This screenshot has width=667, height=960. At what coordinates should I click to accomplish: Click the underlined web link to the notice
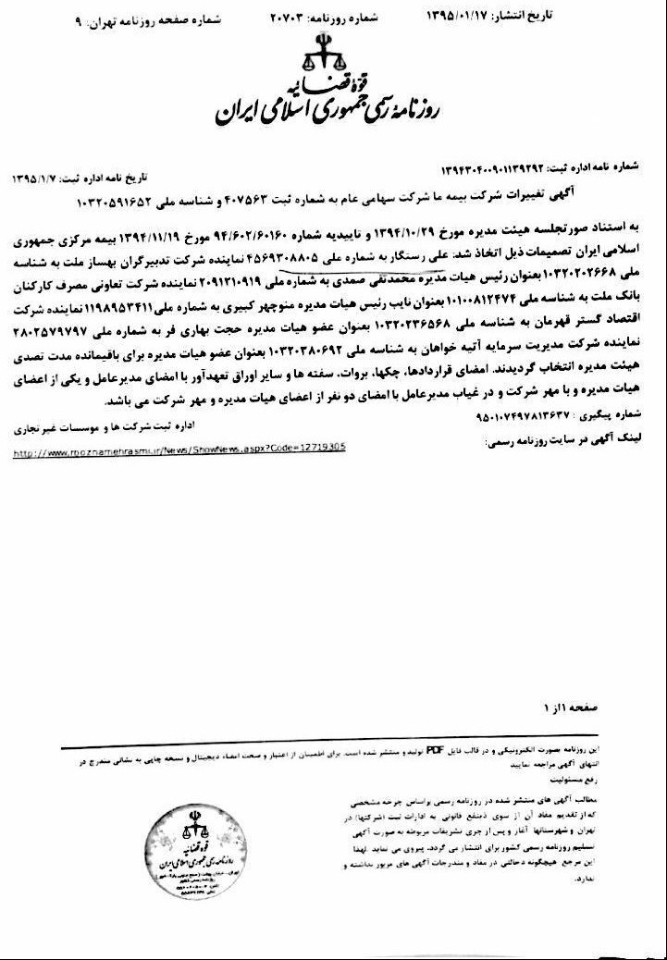(179, 446)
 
